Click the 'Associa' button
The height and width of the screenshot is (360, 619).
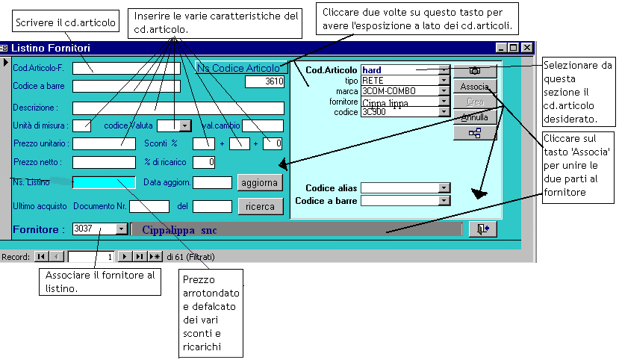point(475,87)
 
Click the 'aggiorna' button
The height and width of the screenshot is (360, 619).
point(260,182)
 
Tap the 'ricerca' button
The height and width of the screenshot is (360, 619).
point(260,206)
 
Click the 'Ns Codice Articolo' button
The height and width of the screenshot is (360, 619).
point(241,68)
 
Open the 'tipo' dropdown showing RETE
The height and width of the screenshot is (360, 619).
point(405,81)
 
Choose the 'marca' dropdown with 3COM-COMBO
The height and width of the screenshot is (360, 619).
point(405,91)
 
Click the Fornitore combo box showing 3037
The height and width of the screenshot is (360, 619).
point(99,229)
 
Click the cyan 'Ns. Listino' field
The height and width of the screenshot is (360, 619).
point(104,182)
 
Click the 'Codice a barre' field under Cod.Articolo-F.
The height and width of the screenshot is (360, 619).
point(126,86)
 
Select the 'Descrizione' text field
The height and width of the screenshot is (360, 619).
point(178,108)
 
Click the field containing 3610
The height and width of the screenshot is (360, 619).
point(264,81)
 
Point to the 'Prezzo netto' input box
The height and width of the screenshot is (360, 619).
point(104,162)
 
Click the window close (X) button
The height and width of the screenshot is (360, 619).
point(527,48)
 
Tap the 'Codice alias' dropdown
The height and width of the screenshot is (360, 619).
point(405,188)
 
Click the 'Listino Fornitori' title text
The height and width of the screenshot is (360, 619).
point(53,48)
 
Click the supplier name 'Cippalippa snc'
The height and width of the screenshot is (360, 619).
point(179,230)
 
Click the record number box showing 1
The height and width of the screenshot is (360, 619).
point(91,256)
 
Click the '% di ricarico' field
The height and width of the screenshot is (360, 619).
point(205,162)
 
